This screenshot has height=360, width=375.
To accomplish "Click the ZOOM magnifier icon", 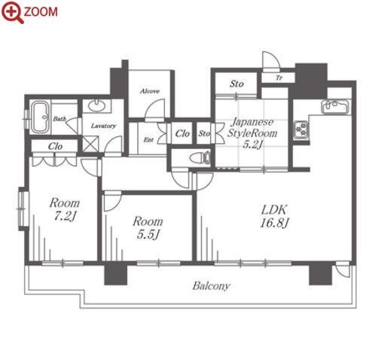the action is click(x=12, y=12).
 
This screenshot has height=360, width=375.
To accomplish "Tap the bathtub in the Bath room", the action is click(x=40, y=117).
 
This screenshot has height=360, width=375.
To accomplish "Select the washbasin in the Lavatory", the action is click(x=96, y=105).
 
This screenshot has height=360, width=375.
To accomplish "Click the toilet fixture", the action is click(x=200, y=158).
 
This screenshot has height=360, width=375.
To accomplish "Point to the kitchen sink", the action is click(x=335, y=107).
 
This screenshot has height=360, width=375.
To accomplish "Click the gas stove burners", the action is click(x=301, y=130).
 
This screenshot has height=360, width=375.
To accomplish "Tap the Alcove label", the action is click(x=150, y=91).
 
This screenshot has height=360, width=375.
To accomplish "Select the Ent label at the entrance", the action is click(x=148, y=139).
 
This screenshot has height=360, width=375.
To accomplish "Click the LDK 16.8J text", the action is click(x=273, y=216).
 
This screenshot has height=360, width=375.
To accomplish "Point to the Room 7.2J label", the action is click(x=65, y=209).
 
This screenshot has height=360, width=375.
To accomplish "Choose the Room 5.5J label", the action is click(x=148, y=227).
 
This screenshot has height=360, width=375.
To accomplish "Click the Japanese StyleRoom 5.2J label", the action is click(x=252, y=133).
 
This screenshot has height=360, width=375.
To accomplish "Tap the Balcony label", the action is click(x=211, y=286).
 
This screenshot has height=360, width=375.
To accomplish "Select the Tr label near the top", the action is click(x=279, y=78).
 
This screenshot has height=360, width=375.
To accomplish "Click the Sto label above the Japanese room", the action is click(x=236, y=84).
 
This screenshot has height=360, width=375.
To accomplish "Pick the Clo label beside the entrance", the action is click(x=182, y=133).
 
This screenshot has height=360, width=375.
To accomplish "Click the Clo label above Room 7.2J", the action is click(x=55, y=146).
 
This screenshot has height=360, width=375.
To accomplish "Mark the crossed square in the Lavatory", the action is click(x=90, y=144).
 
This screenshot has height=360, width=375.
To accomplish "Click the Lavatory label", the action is click(x=103, y=126).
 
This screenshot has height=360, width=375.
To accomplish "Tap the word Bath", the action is click(x=59, y=119).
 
